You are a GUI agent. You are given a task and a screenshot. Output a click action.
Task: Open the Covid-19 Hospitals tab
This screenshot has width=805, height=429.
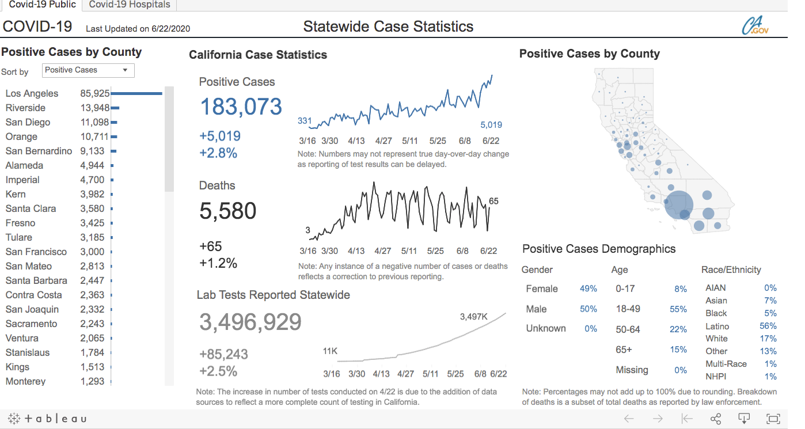click(130, 5)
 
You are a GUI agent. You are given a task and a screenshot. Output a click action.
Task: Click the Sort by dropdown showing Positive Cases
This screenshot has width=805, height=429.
click(88, 70)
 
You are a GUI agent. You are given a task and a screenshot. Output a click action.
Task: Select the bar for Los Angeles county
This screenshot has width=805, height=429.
click(136, 93)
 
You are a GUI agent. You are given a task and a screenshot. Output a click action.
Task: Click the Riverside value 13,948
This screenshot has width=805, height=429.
click(95, 108)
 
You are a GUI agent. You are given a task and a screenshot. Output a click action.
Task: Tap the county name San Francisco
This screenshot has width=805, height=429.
click(36, 252)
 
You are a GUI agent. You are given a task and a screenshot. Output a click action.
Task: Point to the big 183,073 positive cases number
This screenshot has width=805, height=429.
click(241, 107)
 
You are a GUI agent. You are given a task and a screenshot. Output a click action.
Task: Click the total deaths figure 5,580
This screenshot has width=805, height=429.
click(227, 211)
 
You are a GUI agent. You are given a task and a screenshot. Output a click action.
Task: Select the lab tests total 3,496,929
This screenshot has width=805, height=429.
click(250, 322)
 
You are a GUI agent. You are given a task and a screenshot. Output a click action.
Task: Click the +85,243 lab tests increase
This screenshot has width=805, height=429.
click(223, 354)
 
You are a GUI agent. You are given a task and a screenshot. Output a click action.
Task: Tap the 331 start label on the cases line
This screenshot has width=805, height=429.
click(305, 121)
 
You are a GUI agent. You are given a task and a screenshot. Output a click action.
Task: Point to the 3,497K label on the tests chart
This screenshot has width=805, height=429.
click(474, 317)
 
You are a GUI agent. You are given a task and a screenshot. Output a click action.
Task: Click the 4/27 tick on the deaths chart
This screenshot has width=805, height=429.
click(383, 251)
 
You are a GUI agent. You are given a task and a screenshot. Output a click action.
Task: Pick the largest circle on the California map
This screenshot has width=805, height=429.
click(679, 205)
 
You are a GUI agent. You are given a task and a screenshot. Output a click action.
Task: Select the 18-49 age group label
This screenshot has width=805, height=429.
click(628, 309)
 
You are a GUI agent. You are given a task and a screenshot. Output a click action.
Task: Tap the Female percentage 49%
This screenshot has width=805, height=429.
click(588, 288)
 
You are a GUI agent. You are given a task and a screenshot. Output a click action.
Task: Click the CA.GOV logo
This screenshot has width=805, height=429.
click(754, 26)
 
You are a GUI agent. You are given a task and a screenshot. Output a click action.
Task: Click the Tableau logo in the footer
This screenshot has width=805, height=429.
click(47, 419)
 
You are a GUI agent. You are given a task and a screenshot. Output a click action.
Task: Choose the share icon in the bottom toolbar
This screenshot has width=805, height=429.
click(716, 419)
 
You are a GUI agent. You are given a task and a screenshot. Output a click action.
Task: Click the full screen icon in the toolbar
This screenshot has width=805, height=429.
click(773, 419)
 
